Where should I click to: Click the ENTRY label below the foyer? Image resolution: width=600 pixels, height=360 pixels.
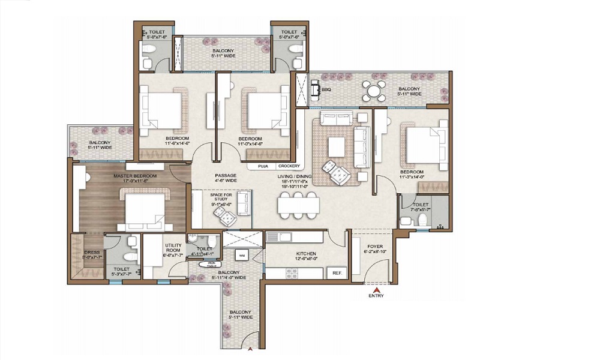coord(376,295)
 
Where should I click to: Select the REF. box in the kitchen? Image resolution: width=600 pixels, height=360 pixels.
coord(336,273)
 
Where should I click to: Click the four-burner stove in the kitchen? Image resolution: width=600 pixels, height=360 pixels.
coord(292,273)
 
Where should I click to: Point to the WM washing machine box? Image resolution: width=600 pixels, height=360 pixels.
coord(242,255)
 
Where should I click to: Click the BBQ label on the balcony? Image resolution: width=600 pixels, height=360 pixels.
coord(326,89)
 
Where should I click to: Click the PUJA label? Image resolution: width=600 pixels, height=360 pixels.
coord(263,166)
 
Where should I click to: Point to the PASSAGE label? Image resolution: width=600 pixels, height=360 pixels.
coord(227,176)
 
